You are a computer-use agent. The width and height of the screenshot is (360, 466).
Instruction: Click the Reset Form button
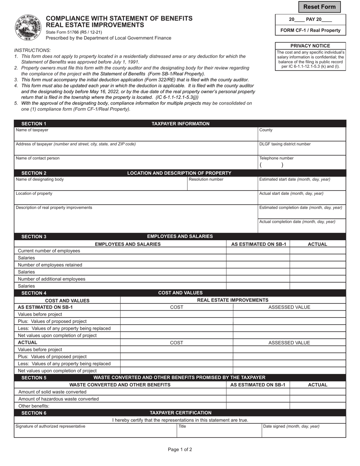(319, 7)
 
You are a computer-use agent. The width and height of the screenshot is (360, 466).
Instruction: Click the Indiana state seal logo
(27, 28)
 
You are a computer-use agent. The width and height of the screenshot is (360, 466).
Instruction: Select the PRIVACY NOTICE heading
(310, 46)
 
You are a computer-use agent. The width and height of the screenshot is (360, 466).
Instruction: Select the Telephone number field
(302, 164)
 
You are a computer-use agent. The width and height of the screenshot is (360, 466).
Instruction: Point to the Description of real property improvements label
(54, 208)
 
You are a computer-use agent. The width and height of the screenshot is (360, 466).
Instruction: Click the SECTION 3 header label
(34, 236)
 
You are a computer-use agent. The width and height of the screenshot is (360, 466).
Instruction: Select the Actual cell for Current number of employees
(318, 251)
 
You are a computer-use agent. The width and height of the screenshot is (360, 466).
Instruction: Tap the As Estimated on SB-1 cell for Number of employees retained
(258, 265)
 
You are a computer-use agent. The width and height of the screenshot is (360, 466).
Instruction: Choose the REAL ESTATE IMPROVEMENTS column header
(233, 300)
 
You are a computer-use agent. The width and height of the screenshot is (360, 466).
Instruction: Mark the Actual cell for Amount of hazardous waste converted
(318, 399)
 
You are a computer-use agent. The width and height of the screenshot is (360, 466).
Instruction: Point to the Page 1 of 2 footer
(180, 450)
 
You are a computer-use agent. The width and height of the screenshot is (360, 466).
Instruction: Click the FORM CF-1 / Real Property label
(310, 30)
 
